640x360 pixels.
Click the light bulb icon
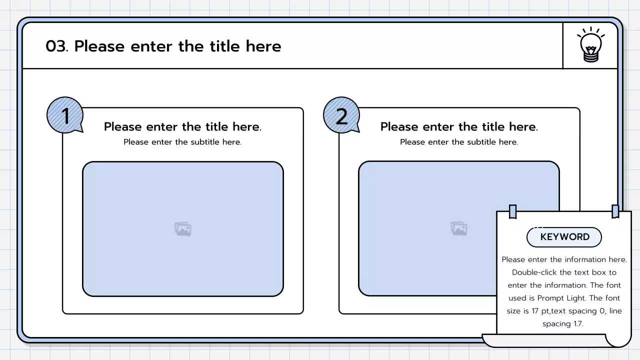[x=590, y=45]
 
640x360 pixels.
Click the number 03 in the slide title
[x=56, y=46]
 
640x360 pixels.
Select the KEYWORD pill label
[x=564, y=237]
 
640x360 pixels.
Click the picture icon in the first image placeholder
[x=183, y=229]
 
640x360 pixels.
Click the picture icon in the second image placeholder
[x=459, y=229]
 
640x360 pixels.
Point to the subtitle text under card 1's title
[x=182, y=142]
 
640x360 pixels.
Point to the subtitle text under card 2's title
[x=459, y=142]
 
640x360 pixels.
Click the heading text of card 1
[x=182, y=127]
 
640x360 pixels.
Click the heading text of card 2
[x=459, y=127]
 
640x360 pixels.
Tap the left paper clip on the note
[x=512, y=211]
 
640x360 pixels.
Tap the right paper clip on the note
[x=615, y=211]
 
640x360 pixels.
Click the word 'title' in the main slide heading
[x=224, y=46]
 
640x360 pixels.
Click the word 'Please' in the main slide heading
[x=99, y=46]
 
